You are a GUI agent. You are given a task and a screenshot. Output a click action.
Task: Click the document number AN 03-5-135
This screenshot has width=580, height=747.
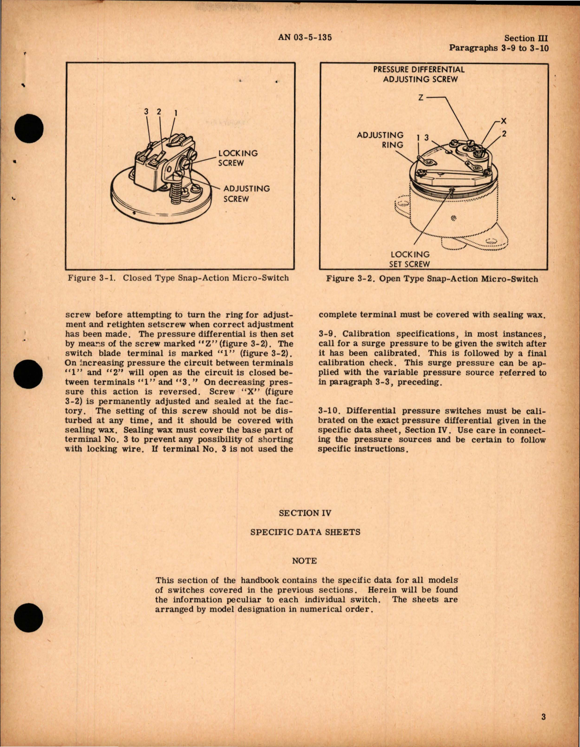305,37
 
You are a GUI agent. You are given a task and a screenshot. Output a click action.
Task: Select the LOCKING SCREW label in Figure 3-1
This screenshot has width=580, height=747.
238,158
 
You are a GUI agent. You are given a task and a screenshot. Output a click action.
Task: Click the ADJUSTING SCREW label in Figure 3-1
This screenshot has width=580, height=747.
246,194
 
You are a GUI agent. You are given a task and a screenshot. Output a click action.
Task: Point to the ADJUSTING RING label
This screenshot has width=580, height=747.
380,140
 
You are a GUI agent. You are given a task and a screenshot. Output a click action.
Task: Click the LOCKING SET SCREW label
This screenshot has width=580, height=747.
410,260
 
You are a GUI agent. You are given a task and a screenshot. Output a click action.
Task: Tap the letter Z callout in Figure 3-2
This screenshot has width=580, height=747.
420,98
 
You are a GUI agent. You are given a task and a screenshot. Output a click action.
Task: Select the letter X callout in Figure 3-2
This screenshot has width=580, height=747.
503,121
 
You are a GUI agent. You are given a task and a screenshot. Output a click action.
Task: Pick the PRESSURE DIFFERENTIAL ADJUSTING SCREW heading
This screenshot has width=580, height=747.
419,74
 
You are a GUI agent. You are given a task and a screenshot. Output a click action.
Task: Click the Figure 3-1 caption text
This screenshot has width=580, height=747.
178,278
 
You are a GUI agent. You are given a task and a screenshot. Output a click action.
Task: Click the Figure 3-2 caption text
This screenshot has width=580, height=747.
432,279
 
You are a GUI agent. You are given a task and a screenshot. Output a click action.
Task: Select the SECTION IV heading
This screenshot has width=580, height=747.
305,513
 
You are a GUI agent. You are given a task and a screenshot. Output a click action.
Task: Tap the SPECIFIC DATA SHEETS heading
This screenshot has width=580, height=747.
305,532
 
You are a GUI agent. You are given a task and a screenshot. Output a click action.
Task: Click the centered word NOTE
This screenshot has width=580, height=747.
304,561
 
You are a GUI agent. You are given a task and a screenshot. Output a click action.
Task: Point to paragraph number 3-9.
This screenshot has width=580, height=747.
328,334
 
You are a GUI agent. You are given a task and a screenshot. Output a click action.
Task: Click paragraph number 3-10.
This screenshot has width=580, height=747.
330,411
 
